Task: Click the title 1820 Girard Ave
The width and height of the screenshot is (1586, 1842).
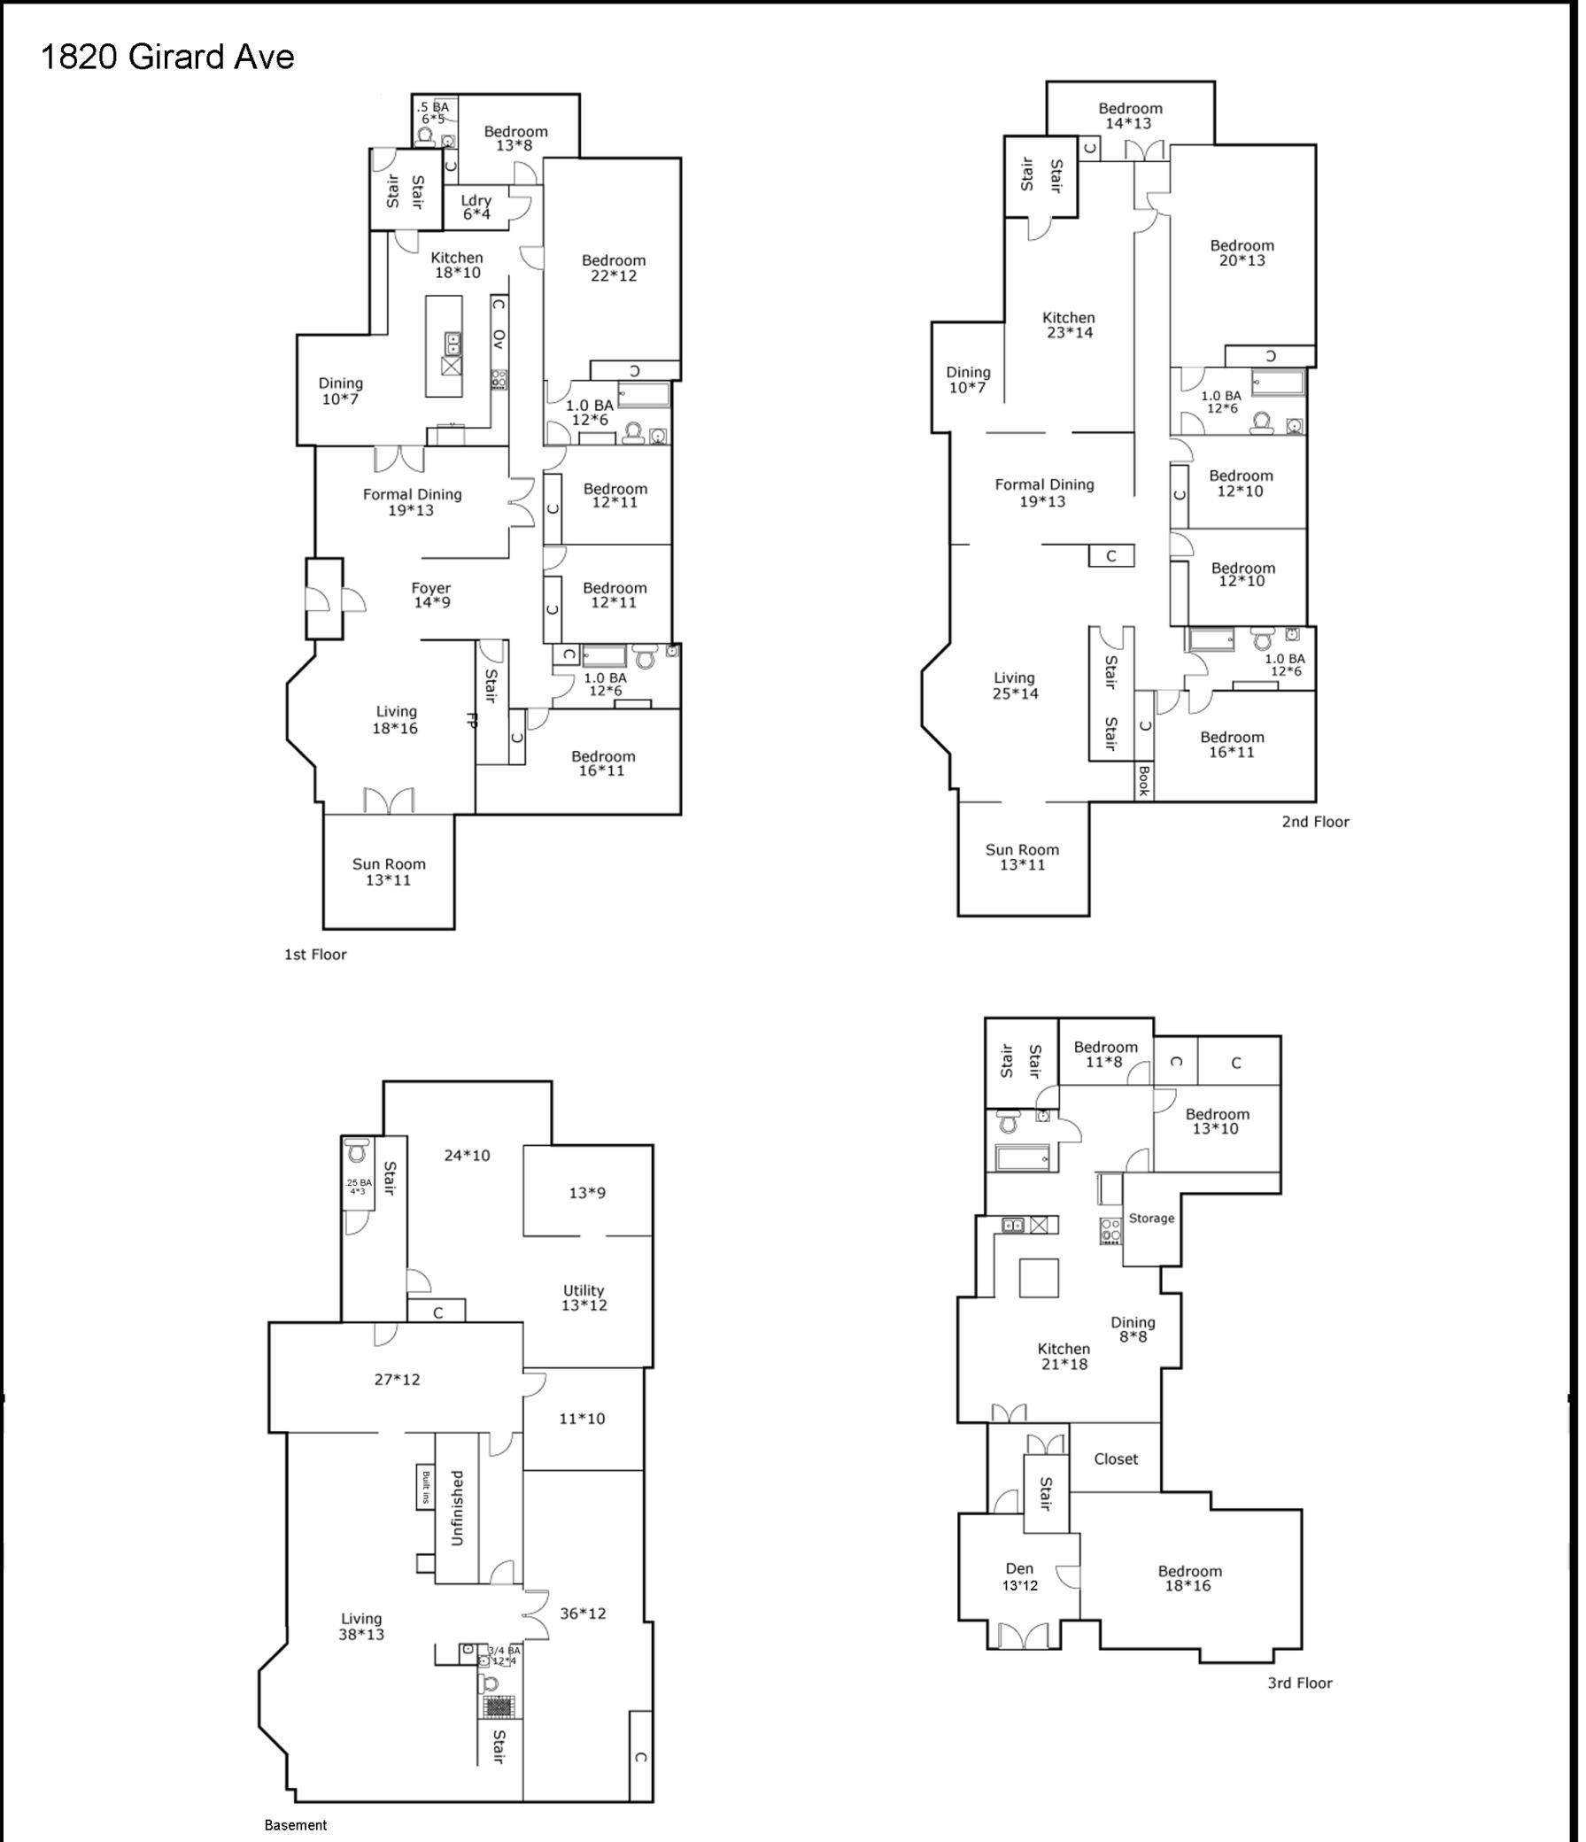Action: pyautogui.click(x=167, y=57)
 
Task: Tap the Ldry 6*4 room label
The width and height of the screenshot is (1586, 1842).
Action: pyautogui.click(x=476, y=207)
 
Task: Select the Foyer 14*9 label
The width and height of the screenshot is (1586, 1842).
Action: pyautogui.click(x=431, y=595)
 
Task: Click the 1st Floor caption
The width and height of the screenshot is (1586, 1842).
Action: pyautogui.click(x=314, y=954)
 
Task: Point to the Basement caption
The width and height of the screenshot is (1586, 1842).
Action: pyautogui.click(x=296, y=1825)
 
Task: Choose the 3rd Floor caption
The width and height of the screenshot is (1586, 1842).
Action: pyautogui.click(x=1300, y=1683)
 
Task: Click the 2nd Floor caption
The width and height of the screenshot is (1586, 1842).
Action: pyautogui.click(x=1315, y=822)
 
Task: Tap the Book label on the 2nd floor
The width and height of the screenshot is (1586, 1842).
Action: pyautogui.click(x=1144, y=780)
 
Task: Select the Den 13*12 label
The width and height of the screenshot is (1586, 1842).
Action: pyautogui.click(x=1020, y=1577)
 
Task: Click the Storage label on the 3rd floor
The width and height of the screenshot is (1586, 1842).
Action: pyautogui.click(x=1151, y=1218)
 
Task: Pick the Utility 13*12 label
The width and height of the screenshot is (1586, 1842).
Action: pyautogui.click(x=584, y=1297)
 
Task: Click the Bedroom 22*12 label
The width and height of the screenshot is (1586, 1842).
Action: pyautogui.click(x=614, y=267)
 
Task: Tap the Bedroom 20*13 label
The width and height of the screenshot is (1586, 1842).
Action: pyautogui.click(x=1242, y=252)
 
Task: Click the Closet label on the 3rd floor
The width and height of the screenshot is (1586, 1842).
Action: pyautogui.click(x=1116, y=1459)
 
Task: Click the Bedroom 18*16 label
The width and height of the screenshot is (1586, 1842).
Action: pyautogui.click(x=1189, y=1578)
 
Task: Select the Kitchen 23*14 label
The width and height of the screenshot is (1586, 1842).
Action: pyautogui.click(x=1069, y=324)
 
